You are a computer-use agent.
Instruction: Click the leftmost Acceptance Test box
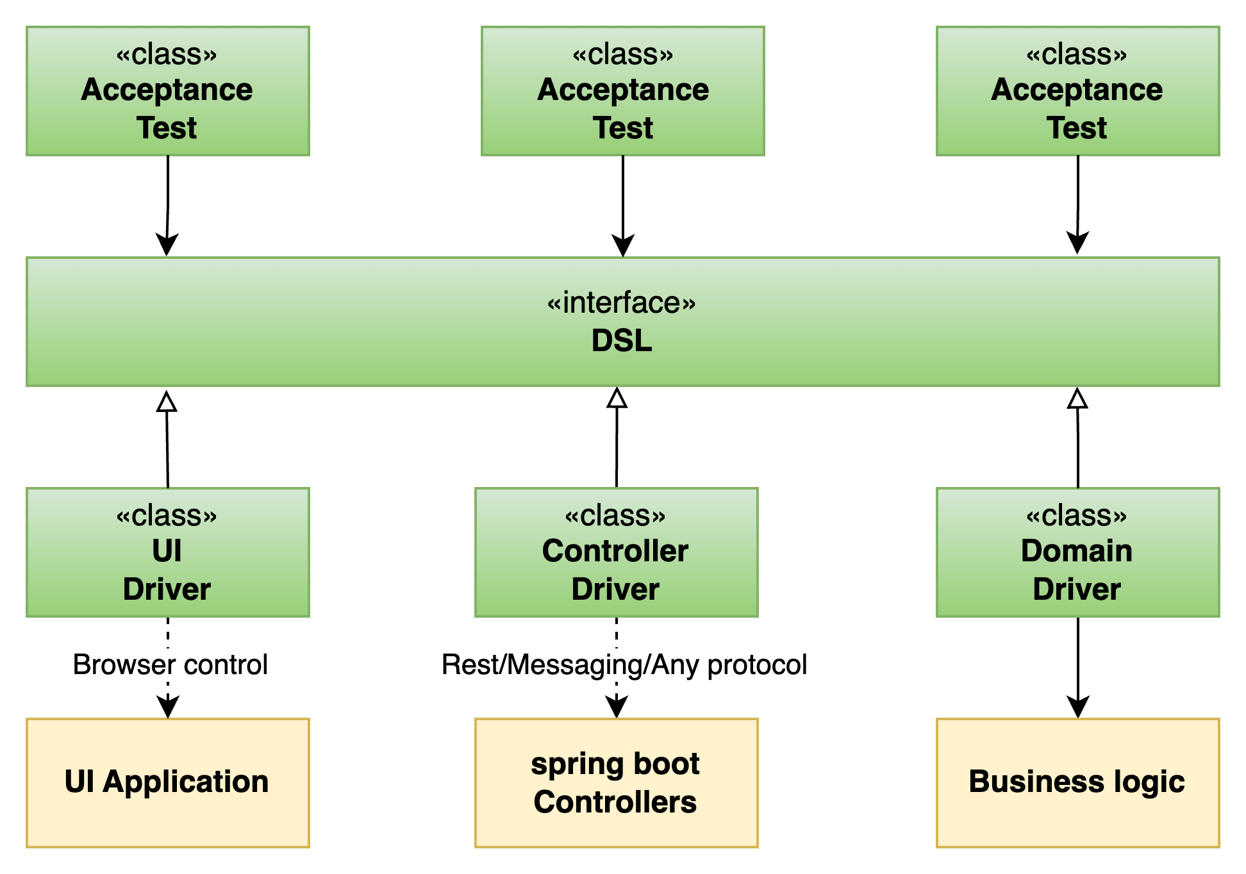click(x=167, y=91)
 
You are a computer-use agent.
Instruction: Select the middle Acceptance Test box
click(x=622, y=91)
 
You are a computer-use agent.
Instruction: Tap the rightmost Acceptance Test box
click(x=1077, y=91)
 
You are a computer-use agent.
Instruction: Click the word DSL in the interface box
click(x=621, y=341)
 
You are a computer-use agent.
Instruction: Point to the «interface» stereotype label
click(x=621, y=303)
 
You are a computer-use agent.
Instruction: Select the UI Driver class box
click(x=167, y=552)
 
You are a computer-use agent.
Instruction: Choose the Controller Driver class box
click(x=616, y=552)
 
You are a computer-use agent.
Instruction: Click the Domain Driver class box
click(x=1077, y=552)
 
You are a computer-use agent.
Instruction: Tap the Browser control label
click(x=170, y=664)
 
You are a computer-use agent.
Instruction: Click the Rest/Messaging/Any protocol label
click(x=624, y=664)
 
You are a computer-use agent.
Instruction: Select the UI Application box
click(x=167, y=782)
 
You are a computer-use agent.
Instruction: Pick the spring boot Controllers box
click(x=616, y=782)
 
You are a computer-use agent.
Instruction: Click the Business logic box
click(x=1077, y=782)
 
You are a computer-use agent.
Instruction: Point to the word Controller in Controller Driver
click(x=615, y=551)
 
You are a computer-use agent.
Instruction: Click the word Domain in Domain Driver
click(x=1076, y=551)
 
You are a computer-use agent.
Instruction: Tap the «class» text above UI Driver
click(x=167, y=516)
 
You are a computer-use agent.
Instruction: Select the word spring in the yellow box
click(x=569, y=764)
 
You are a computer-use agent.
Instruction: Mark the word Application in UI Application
click(x=185, y=782)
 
